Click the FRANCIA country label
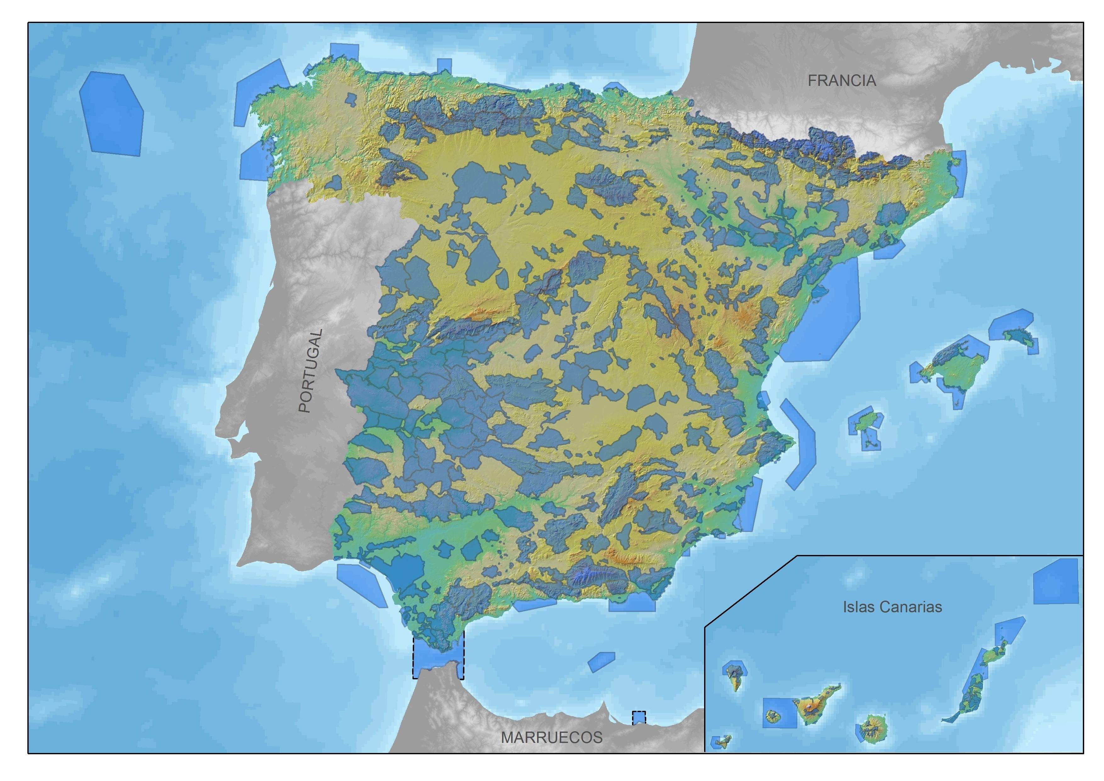[842, 81]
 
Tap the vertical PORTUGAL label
[311, 371]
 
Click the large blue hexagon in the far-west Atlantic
[112, 113]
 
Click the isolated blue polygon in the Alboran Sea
[601, 662]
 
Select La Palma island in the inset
[734, 676]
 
